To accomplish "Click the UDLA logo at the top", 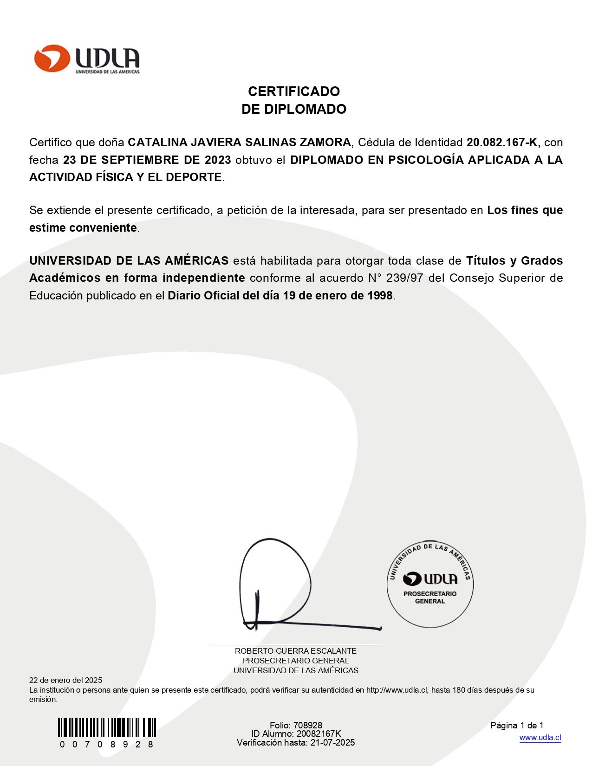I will pos(86,59).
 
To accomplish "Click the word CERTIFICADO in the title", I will pos(293,91).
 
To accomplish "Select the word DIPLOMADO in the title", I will pos(305,109).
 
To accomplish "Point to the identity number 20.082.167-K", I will pos(503,143).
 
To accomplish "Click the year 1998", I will pos(380,296).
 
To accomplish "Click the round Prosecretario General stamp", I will pos(430,584).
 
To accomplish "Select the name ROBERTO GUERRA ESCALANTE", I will pos(295,651).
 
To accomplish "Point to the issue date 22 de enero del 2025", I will pos(65,680).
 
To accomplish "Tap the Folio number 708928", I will pos(307,725).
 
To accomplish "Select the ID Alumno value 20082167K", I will pos(319,734).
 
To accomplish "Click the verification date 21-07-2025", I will pos(332,742).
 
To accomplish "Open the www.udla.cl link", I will pos(540,738).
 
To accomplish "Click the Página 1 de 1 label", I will pos(516,725).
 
